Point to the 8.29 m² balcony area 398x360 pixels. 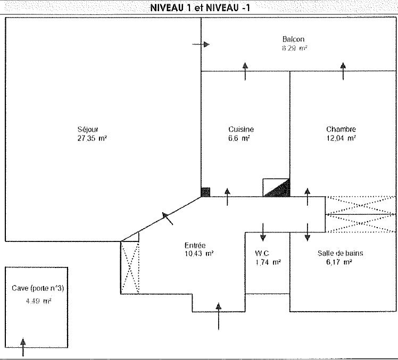[x=295, y=48]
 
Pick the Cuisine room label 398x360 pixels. [x=241, y=130]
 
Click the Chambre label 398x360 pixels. [x=341, y=130]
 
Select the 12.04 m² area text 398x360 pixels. [x=341, y=139]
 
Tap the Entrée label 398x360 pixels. [x=195, y=246]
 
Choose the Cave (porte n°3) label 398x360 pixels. [x=38, y=289]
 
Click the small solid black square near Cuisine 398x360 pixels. [x=205, y=191]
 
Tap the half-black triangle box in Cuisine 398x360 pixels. [x=277, y=188]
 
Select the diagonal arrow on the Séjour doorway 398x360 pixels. [x=168, y=217]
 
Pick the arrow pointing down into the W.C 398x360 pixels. [x=262, y=231]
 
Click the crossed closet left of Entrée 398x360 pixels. [x=130, y=266]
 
